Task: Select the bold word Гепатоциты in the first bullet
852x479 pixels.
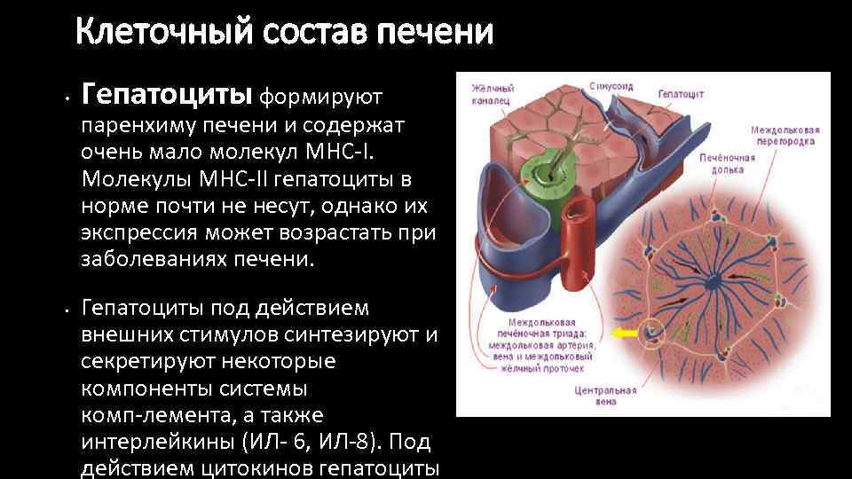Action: [x=168, y=92]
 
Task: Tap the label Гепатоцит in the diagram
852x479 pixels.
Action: [x=681, y=92]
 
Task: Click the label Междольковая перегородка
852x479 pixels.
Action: [x=785, y=134]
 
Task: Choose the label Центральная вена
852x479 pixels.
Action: [x=607, y=395]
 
